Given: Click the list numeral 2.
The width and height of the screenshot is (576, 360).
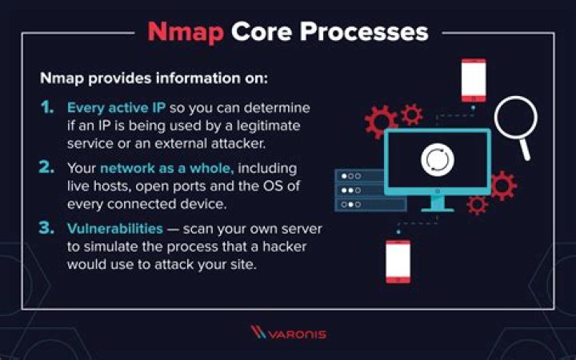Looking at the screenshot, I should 48,169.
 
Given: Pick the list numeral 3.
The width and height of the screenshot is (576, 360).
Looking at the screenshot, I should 48,230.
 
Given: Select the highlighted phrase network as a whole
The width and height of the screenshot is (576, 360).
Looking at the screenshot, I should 155,169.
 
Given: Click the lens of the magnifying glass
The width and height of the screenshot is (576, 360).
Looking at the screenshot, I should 515,118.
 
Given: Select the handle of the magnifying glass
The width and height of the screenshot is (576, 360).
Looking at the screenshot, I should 526,149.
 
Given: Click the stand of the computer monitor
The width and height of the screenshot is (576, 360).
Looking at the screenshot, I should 438,202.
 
